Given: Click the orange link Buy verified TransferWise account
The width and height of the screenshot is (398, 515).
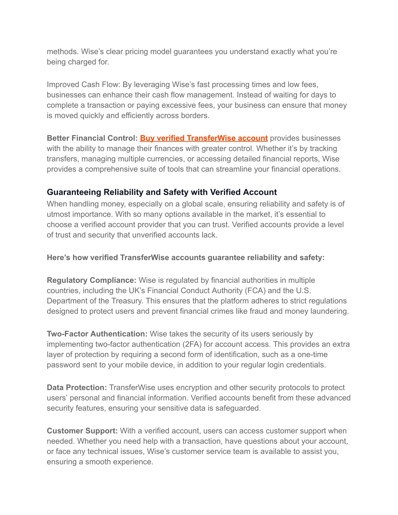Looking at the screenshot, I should [204, 138].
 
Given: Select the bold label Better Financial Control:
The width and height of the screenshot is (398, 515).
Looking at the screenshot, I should [92, 138].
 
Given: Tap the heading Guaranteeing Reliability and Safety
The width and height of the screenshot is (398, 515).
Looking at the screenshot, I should [162, 192].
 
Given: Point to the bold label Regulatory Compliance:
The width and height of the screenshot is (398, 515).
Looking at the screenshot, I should [91, 280].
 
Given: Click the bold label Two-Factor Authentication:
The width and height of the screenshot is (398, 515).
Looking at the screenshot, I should [97, 334].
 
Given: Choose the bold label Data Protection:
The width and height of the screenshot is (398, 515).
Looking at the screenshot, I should [77, 388].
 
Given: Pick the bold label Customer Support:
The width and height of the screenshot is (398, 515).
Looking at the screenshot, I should [82, 431].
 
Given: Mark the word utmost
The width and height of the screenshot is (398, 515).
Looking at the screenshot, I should [58, 214].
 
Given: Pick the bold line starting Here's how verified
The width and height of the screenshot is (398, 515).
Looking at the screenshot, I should [185, 258].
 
